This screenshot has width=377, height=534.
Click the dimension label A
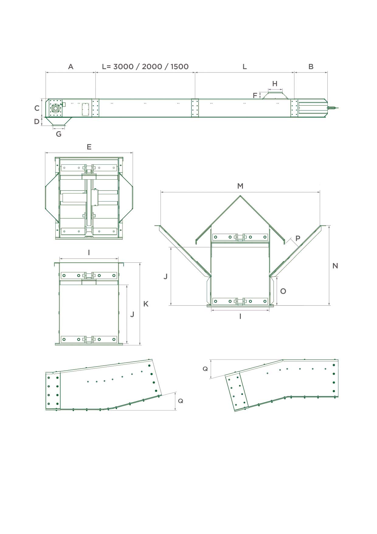tap(71, 67)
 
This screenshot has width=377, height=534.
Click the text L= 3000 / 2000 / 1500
tap(145, 67)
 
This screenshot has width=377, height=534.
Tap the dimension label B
tap(311, 67)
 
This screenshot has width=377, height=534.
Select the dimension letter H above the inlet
tap(275, 84)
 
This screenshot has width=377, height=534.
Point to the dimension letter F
tap(255, 96)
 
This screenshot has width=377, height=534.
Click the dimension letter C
tap(37, 108)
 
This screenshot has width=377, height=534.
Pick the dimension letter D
tap(37, 121)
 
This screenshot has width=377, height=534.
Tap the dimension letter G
tap(59, 134)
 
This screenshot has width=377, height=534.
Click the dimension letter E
tap(89, 147)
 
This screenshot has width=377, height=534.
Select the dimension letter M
tap(240, 186)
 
